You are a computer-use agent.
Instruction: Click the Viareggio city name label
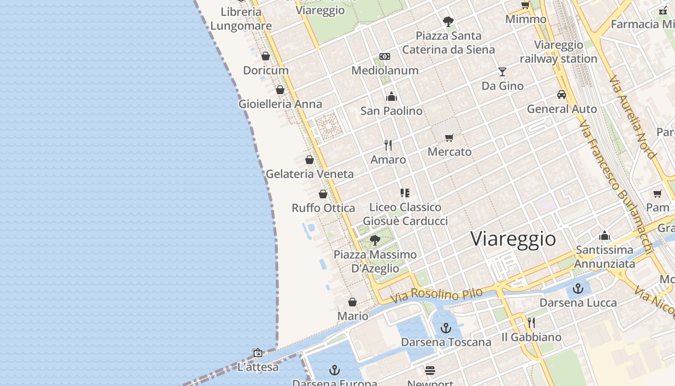pyautogui.click(x=513, y=239)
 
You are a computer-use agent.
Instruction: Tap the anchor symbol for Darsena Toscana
pyautogui.click(x=446, y=329)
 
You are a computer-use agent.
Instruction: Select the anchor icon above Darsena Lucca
pyautogui.click(x=578, y=289)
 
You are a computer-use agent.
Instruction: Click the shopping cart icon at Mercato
pyautogui.click(x=449, y=138)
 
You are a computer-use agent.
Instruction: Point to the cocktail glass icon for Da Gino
pyautogui.click(x=502, y=72)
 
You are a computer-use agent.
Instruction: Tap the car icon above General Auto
pyautogui.click(x=562, y=95)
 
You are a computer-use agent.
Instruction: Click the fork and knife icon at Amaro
pyautogui.click(x=388, y=145)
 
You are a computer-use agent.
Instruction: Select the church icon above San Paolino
pyautogui.click(x=391, y=97)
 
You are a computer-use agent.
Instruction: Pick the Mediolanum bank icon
pyautogui.click(x=385, y=56)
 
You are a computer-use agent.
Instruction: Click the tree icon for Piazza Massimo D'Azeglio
pyautogui.click(x=375, y=240)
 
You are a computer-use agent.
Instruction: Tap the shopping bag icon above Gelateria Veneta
pyautogui.click(x=310, y=160)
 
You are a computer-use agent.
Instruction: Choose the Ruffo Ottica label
pyautogui.click(x=323, y=208)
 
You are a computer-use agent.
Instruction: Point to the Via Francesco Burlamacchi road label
pyautogui.click(x=616, y=188)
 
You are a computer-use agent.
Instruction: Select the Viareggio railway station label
pyautogui.click(x=559, y=52)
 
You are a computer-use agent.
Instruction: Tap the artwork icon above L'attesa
pyautogui.click(x=258, y=353)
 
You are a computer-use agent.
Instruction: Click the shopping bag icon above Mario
pyautogui.click(x=352, y=302)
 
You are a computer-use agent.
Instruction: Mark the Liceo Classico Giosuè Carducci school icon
pyautogui.click(x=405, y=193)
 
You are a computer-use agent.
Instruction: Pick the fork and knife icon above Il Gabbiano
pyautogui.click(x=531, y=323)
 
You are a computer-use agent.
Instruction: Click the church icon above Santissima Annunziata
pyautogui.click(x=605, y=236)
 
